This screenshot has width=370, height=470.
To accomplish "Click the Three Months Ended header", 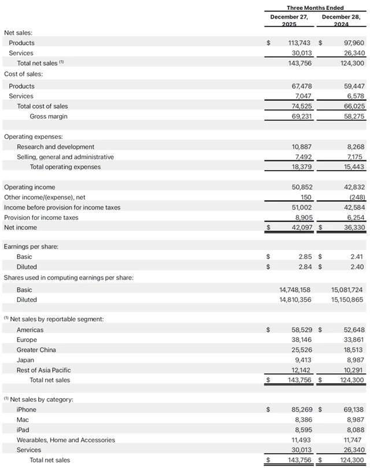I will (315, 8).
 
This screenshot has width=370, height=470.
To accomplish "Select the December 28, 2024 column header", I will (341, 20).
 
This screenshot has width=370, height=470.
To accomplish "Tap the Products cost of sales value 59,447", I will (351, 86).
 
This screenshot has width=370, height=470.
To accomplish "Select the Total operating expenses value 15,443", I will (351, 167).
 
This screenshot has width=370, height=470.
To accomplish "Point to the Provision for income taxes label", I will (41, 218).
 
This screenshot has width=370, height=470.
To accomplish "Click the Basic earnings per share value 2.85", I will (305, 256).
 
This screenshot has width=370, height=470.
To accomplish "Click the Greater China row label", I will (36, 350).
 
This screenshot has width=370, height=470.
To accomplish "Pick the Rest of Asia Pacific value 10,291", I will (351, 370).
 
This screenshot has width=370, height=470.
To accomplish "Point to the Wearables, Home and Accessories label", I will (65, 440).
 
